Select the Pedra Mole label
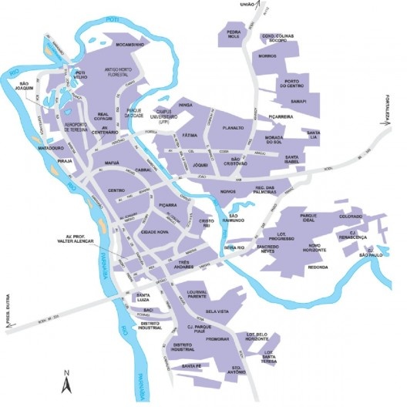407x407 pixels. tap(234, 33)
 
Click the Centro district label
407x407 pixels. tap(116, 190)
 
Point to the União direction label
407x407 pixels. tap(248, 4)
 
